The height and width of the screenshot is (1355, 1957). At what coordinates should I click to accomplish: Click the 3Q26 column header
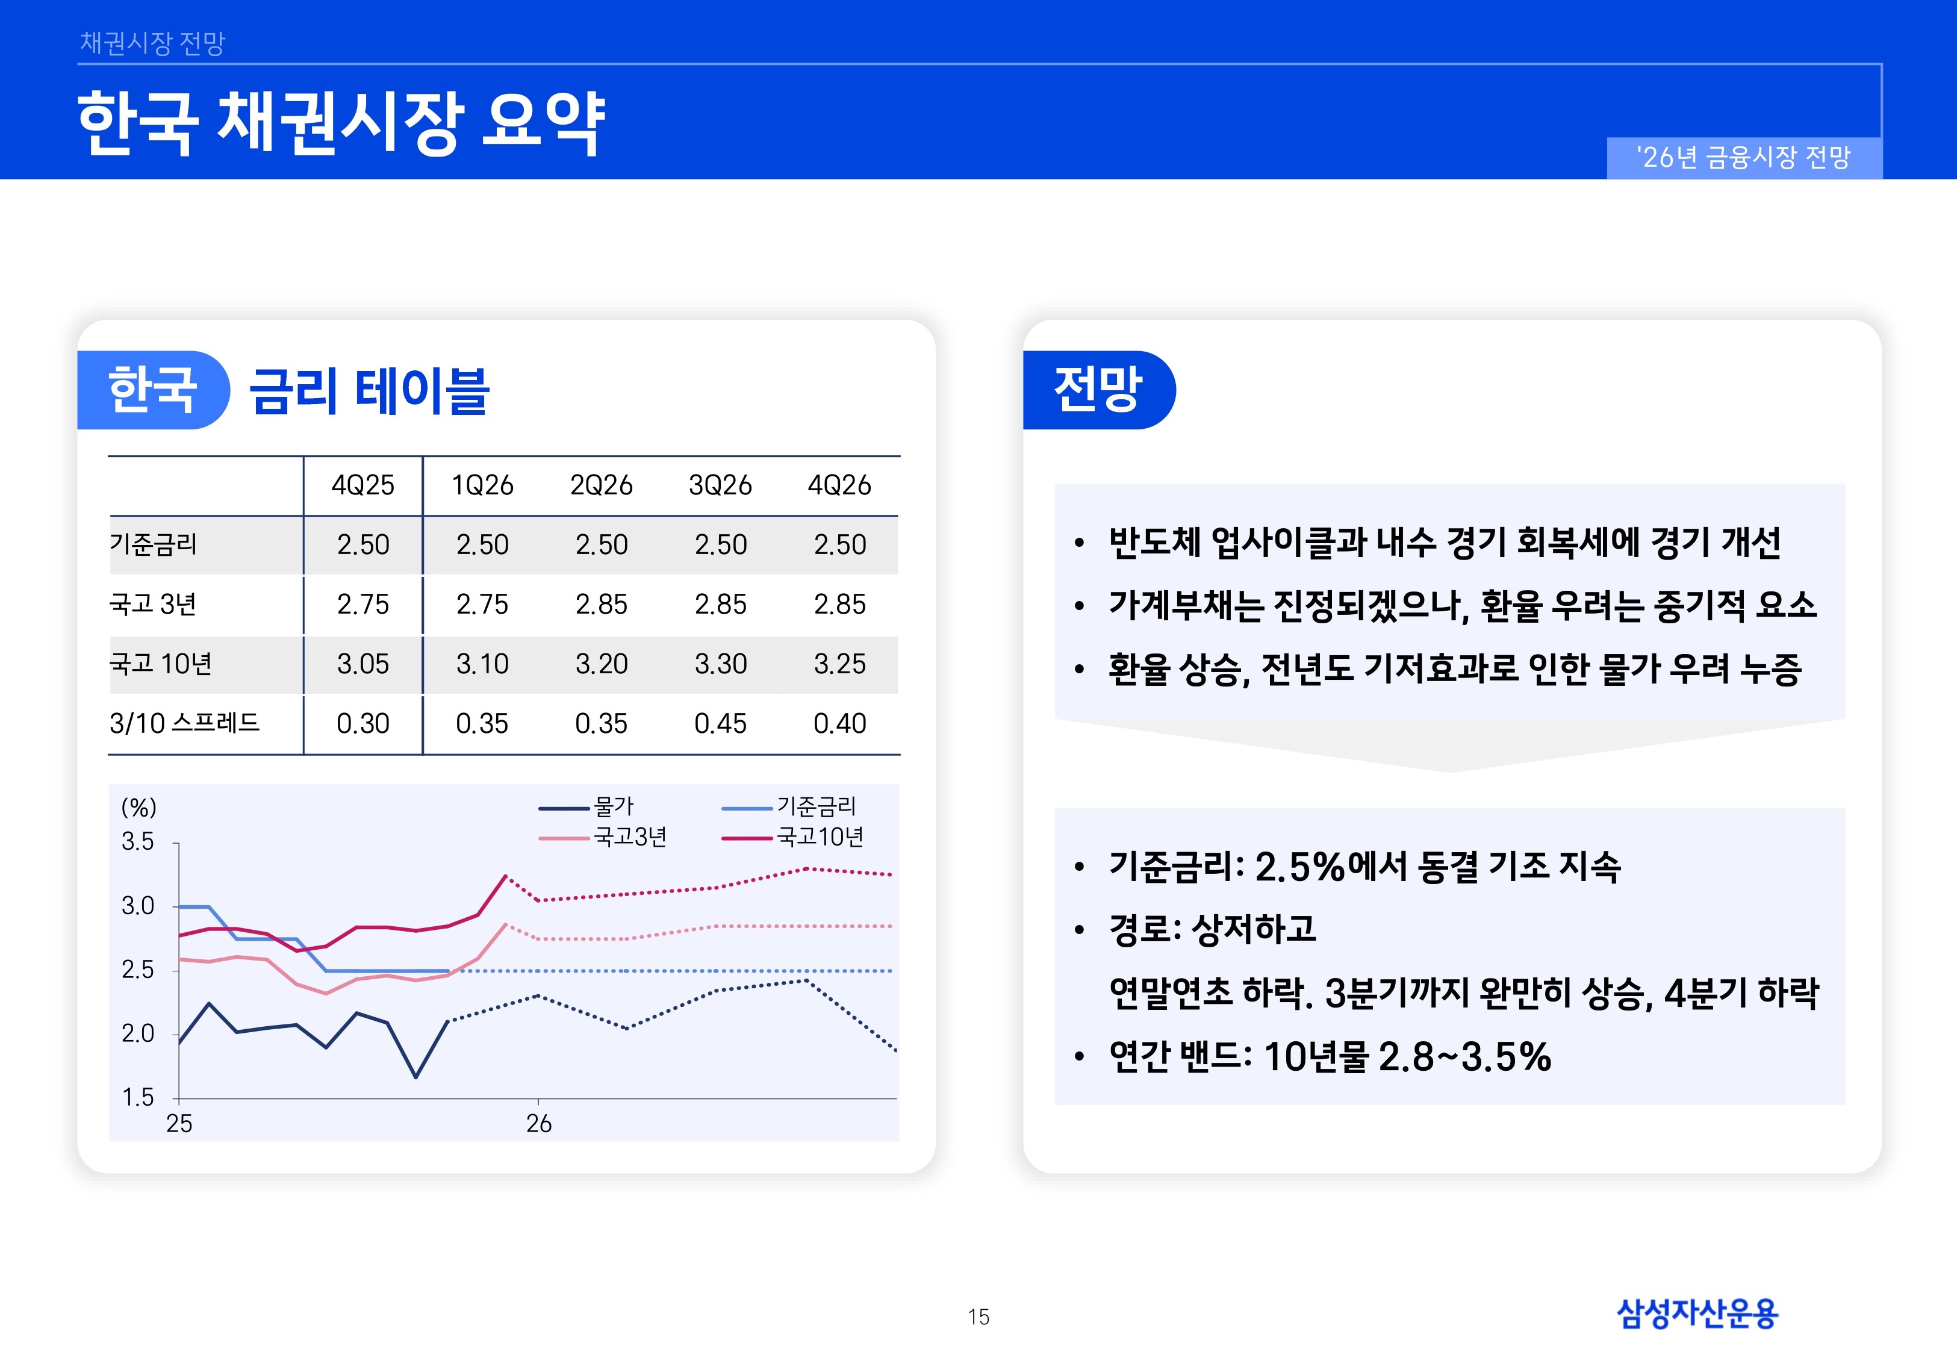[720, 485]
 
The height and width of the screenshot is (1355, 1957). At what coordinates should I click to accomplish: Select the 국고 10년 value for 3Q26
[720, 663]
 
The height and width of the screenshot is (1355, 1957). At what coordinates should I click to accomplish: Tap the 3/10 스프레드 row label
[184, 723]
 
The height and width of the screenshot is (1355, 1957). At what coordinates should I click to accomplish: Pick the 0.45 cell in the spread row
[720, 723]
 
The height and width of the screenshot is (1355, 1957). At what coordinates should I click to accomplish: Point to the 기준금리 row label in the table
[154, 544]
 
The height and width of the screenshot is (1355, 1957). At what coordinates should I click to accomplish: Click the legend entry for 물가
[613, 806]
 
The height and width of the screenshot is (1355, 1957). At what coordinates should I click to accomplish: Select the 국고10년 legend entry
[819, 837]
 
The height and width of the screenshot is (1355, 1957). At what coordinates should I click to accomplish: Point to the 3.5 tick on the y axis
[137, 841]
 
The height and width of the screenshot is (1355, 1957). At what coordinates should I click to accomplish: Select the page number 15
[978, 1317]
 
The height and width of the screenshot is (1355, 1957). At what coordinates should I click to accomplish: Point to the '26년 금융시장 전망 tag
[1744, 157]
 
